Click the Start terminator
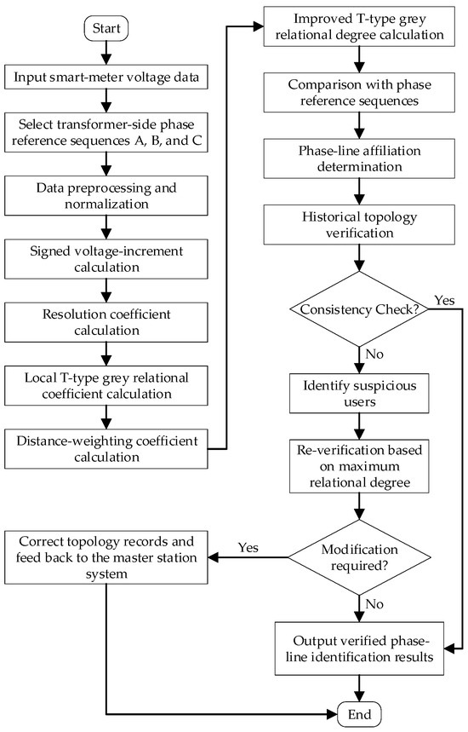tap(106, 28)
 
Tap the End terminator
tap(359, 714)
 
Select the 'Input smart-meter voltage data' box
tap(106, 77)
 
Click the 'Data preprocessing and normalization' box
tap(106, 196)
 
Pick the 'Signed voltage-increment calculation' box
tap(106, 259)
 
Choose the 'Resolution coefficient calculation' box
tap(106, 322)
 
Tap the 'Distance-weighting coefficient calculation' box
tap(106, 448)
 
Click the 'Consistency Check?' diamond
tap(359, 309)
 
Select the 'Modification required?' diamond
tap(359, 557)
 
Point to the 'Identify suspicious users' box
tap(359, 393)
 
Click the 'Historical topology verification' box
tap(359, 225)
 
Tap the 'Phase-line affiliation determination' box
tap(359, 159)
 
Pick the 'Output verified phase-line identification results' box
tap(359, 648)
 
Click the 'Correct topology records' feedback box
tap(106, 557)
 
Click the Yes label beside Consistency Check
tap(444, 300)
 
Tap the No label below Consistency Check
tap(374, 354)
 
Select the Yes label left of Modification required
tap(248, 547)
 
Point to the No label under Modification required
tap(374, 604)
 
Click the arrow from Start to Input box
tap(106, 53)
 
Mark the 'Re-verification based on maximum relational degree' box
tap(359, 466)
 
